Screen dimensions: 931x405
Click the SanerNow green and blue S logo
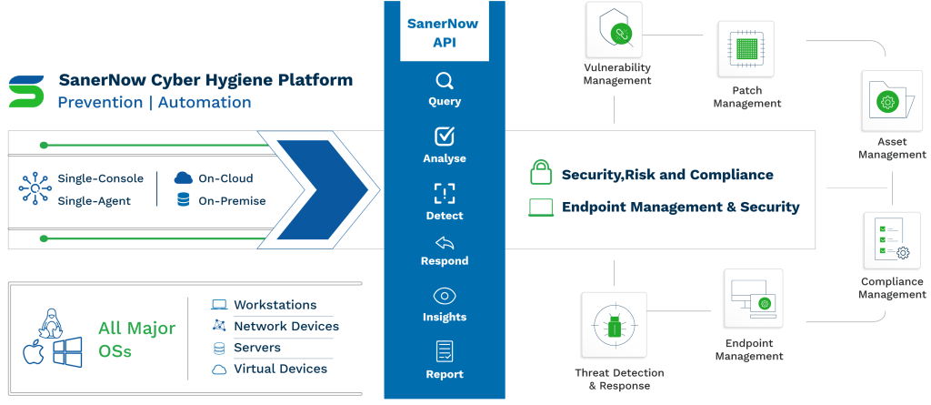pos(26,91)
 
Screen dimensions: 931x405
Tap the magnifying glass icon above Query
pos(444,80)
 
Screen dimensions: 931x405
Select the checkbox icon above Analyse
pos(444,137)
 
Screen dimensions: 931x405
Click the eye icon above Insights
pos(444,296)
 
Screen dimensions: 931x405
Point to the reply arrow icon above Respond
pos(444,243)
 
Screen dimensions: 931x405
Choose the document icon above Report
pos(444,351)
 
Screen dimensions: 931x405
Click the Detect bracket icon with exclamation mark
pos(444,193)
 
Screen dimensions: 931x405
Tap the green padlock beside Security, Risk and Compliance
pos(540,172)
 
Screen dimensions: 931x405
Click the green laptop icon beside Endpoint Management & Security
pos(540,208)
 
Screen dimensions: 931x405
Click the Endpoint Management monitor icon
pos(753,299)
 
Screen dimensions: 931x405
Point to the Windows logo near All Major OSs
pos(67,351)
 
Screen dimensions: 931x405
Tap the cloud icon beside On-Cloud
pos(184,177)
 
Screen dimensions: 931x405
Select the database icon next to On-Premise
pos(184,200)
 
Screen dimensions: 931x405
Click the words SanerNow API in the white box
pos(444,33)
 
